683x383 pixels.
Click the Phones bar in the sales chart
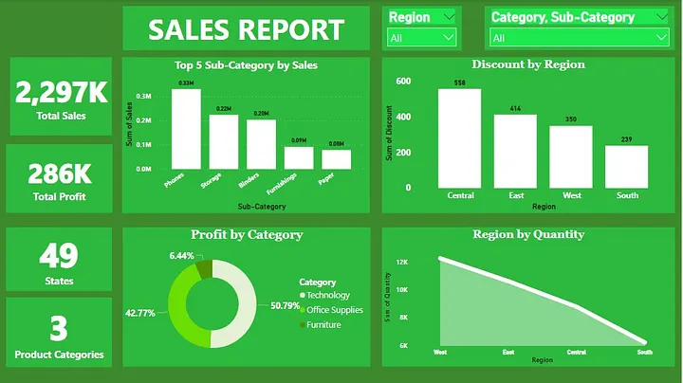186,129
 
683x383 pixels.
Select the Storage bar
224,142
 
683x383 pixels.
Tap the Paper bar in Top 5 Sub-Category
336,159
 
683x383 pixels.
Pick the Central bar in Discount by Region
459,138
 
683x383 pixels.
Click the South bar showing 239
626,166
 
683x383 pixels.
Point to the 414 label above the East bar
515,109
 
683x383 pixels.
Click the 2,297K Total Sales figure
62,91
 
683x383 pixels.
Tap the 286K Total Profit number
59,173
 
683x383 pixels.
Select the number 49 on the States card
60,256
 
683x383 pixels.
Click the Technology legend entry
327,296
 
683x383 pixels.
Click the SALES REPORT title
246,29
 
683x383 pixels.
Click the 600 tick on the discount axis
404,82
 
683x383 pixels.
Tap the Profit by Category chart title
247,235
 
